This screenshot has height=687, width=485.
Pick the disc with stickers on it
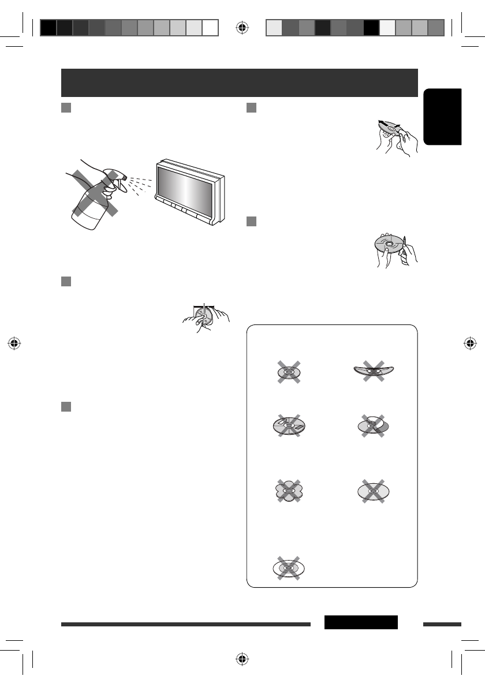289,428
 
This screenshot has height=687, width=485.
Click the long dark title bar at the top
239,83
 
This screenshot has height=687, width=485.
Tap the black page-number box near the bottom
361,622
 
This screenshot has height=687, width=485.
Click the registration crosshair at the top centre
242,27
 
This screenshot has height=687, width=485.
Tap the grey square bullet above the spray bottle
66,109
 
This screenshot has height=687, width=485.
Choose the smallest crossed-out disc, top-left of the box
289,372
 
